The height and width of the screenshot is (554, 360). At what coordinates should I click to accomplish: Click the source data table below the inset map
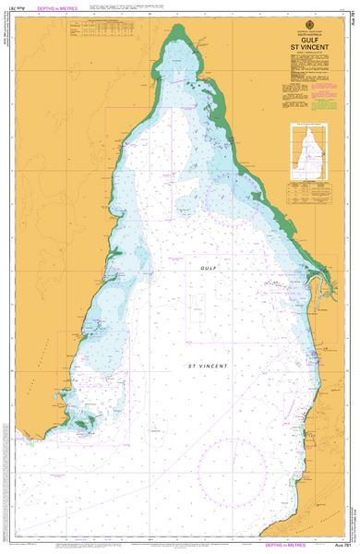[307, 191]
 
